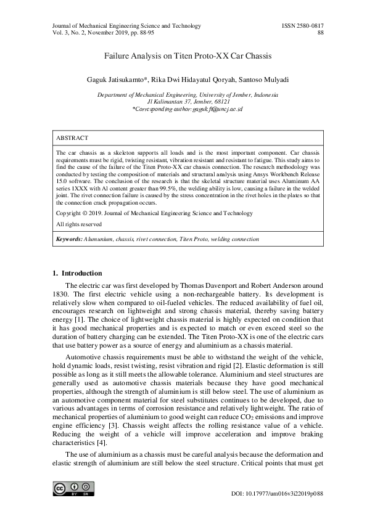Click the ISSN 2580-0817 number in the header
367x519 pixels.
(302, 26)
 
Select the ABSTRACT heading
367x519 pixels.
(72, 138)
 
